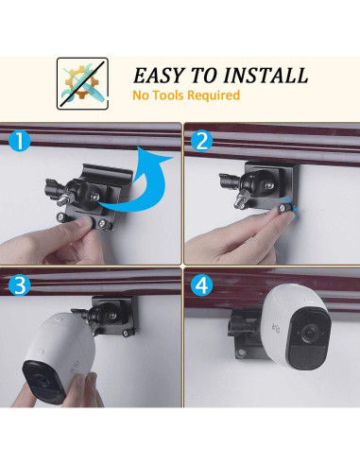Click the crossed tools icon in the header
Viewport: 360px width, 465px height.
81,82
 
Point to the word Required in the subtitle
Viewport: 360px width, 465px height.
214,95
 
